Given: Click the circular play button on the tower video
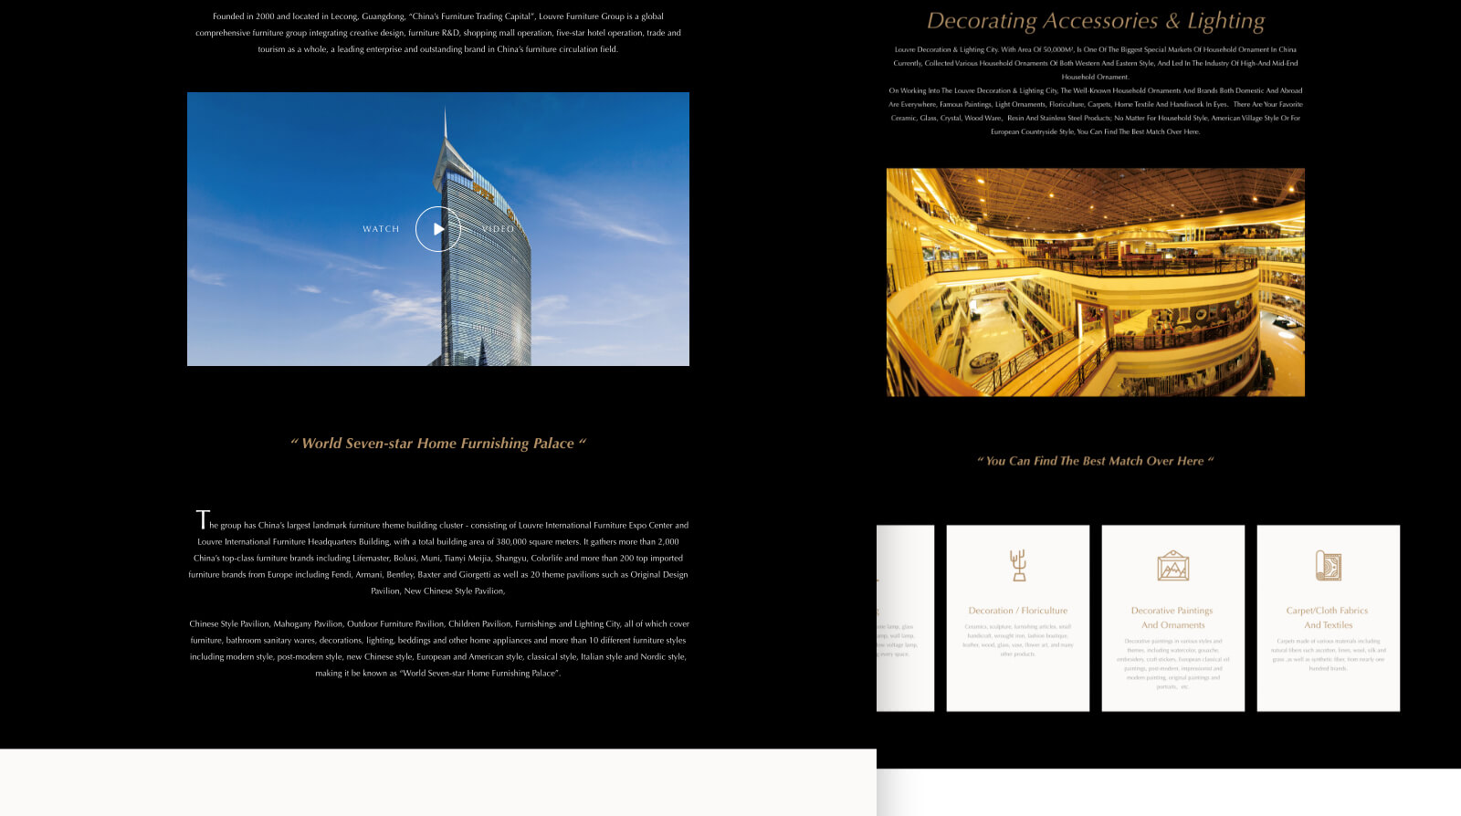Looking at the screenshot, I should point(438,229).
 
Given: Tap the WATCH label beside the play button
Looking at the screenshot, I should point(381,229).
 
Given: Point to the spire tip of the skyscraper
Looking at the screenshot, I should point(446,110).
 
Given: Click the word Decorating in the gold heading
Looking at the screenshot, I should point(981,21).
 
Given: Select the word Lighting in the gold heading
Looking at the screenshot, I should point(1225,21).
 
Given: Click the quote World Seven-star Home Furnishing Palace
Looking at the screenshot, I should point(438,444).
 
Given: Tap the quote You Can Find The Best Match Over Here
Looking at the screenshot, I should point(1095,461).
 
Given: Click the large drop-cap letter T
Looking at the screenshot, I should point(203,520).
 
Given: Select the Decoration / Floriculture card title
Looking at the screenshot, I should point(1017,611).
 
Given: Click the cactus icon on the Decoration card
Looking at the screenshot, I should point(1018,565).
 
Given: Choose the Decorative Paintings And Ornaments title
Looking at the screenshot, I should point(1172,618).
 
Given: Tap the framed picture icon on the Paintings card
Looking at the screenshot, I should point(1172,566).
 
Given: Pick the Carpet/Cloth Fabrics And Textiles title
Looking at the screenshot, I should point(1328,618).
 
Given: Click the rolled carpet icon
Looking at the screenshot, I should point(1328,566).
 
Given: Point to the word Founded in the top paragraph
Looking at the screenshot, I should point(229,16).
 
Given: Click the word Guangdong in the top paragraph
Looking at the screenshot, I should point(384,16).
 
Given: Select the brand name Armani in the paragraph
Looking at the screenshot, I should point(369,575).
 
